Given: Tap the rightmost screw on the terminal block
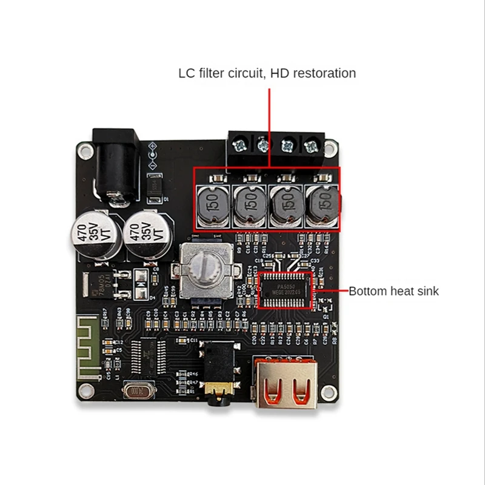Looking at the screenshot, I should [312, 145].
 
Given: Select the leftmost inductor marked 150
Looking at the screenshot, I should [212, 204].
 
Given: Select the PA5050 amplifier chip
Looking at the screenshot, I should [284, 289].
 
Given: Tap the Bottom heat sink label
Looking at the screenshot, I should [393, 291].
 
